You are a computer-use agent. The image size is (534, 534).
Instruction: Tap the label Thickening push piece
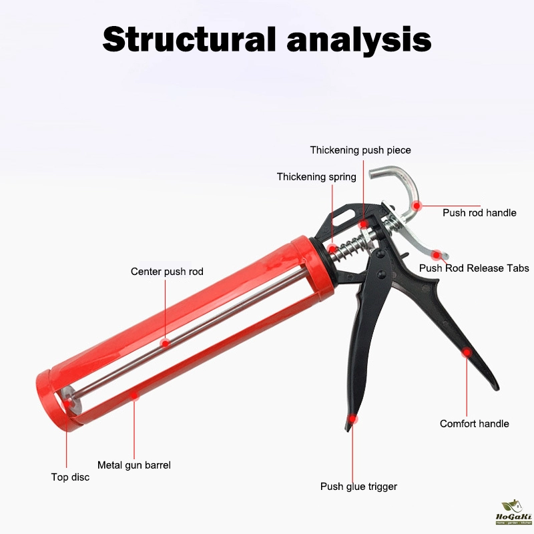(x=360, y=150)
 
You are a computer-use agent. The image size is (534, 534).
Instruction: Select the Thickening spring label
(x=316, y=177)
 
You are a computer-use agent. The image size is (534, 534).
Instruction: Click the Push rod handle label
(x=479, y=213)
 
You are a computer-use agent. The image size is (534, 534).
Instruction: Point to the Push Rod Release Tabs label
(x=474, y=268)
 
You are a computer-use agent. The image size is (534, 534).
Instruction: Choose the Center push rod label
(x=167, y=272)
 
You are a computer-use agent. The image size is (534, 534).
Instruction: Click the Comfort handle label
(x=475, y=424)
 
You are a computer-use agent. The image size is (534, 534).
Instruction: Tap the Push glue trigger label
(x=358, y=487)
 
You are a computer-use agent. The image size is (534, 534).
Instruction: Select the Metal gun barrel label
(x=134, y=465)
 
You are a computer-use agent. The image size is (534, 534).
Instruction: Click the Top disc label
(x=70, y=477)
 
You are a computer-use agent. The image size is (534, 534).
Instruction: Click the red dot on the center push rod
(x=165, y=343)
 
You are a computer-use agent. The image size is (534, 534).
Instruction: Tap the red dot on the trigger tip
(x=353, y=419)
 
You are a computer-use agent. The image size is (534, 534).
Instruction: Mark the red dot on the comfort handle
(x=467, y=352)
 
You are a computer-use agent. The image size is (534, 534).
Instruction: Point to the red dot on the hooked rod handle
(x=417, y=206)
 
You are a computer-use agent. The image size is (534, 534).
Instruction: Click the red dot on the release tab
(x=436, y=255)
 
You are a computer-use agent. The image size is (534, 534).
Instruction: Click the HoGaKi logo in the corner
(x=513, y=513)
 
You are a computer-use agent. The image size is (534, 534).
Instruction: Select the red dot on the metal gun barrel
(x=135, y=395)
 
